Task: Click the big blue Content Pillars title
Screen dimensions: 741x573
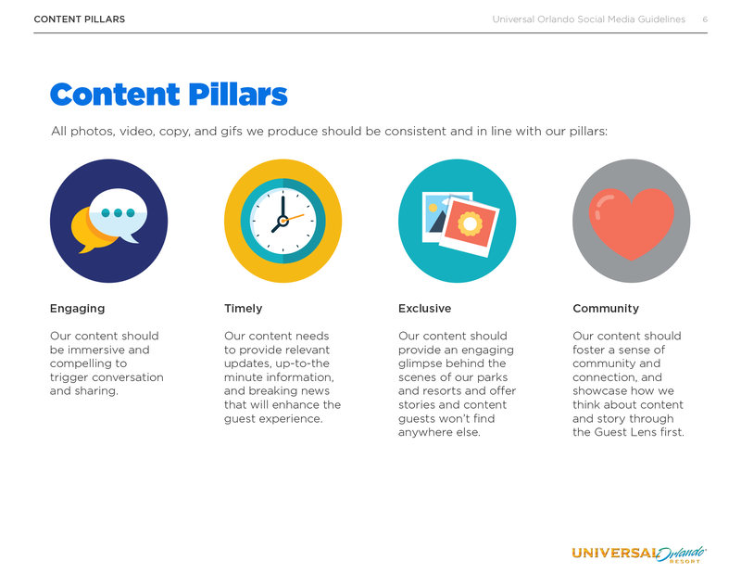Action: coord(169,95)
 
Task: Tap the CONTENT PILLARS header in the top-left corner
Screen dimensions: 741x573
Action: coord(80,19)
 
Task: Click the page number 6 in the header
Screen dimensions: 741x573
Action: coord(705,19)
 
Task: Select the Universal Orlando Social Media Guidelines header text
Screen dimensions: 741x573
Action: coord(589,19)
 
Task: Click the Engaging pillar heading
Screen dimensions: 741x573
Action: coord(78,309)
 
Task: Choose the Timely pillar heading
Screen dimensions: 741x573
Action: coord(243,309)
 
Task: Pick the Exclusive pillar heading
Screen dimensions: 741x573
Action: coord(424,309)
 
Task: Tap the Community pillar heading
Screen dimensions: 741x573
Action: coord(606,309)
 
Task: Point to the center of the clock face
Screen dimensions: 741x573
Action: coord(283,221)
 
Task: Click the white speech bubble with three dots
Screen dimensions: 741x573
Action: coord(119,215)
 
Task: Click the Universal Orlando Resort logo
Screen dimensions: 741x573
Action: coord(639,554)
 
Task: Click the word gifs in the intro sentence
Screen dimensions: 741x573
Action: coord(231,132)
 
